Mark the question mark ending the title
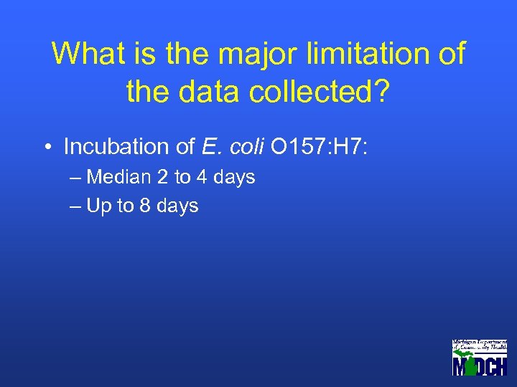[x=381, y=91]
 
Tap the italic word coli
[x=244, y=147]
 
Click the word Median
[x=119, y=177]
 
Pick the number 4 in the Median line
[x=202, y=177]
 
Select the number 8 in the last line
[x=146, y=206]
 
